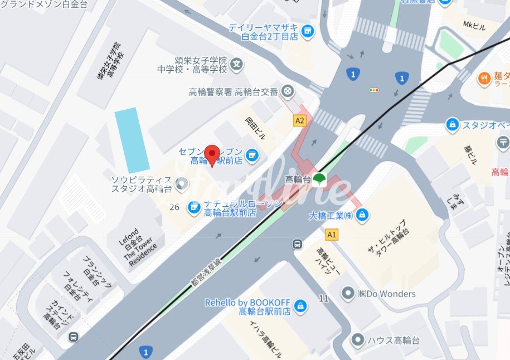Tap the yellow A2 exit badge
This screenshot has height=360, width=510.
pos(300,120)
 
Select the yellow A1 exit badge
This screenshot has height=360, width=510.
pos(332,235)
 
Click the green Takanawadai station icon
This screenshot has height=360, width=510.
pos(319,179)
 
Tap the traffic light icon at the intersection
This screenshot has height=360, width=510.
pos(373,90)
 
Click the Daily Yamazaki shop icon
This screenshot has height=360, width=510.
pos(307,31)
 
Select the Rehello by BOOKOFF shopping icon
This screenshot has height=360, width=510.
pos(300,306)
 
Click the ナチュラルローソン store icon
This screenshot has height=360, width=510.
pos(194,208)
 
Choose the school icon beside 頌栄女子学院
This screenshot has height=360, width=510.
pos(237,65)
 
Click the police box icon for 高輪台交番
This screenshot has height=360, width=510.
pos(288,91)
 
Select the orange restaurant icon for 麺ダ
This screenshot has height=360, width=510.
pos(483,79)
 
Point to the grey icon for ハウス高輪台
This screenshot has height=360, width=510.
pos(357,339)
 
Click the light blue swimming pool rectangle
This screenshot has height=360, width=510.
pos(132,139)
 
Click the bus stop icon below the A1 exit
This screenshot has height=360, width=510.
pos(298,244)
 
